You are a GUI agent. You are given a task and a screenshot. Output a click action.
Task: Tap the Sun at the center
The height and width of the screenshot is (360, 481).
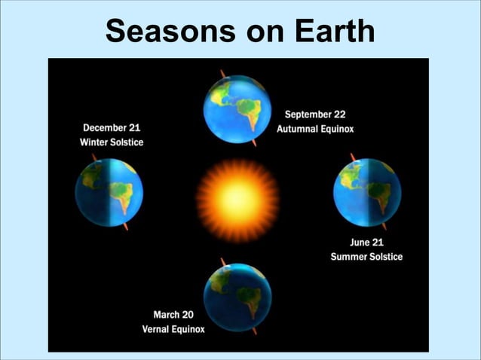pyautogui.click(x=237, y=199)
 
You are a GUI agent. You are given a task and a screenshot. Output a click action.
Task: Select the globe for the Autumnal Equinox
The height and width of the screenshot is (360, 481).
pyautogui.click(x=237, y=109)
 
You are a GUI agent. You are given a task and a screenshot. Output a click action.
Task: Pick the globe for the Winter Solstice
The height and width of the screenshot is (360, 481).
pyautogui.click(x=109, y=192)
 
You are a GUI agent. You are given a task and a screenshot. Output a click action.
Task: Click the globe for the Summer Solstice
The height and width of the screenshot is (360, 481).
pyautogui.click(x=367, y=192)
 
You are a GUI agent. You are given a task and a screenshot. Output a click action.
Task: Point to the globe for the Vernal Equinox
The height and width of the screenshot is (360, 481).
pyautogui.click(x=237, y=296)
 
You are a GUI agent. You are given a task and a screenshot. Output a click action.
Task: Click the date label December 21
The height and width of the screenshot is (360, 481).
pyautogui.click(x=111, y=128)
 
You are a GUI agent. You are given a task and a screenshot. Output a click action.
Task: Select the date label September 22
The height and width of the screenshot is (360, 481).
pyautogui.click(x=314, y=114)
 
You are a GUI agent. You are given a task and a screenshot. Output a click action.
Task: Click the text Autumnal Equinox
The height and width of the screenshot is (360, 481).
pyautogui.click(x=314, y=129)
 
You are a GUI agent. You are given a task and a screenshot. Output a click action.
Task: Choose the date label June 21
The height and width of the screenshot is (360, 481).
pyautogui.click(x=370, y=243)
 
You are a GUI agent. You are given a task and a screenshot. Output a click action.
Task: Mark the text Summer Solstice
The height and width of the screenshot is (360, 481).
pyautogui.click(x=366, y=257)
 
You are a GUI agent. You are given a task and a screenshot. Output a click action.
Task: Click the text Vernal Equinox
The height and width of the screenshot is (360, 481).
pyautogui.click(x=173, y=329)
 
